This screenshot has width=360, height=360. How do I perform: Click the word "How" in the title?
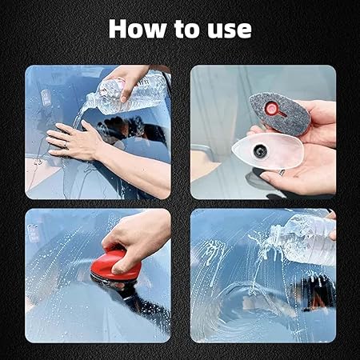pos(135,29)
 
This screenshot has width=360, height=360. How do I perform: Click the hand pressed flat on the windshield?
pos(76,142)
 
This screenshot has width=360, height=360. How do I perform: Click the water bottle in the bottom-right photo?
pos(300,239)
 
